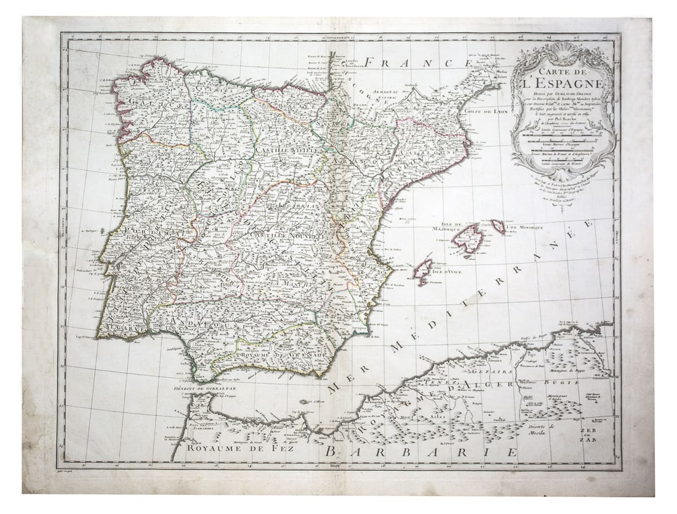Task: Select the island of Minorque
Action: (499, 227)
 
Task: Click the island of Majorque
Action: (468, 239)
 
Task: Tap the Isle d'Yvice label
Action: (447, 271)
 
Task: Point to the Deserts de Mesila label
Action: (542, 430)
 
